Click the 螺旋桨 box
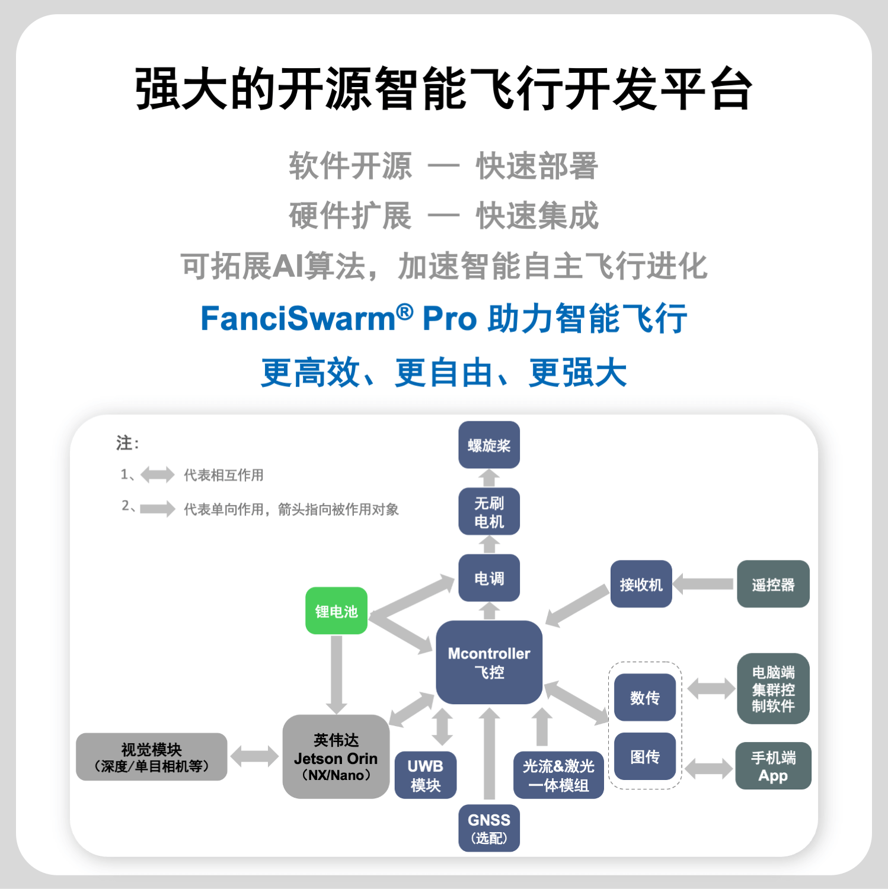click(489, 445)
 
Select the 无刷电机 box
click(489, 511)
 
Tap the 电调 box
click(489, 578)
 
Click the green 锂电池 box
click(336, 611)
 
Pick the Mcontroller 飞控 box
click(489, 662)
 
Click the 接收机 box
click(641, 584)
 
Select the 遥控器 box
click(773, 584)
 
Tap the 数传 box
click(644, 698)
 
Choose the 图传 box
click(644, 756)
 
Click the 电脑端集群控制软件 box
click(773, 689)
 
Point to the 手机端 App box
click(773, 766)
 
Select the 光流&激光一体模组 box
click(558, 775)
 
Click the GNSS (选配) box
click(489, 828)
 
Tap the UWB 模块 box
click(426, 775)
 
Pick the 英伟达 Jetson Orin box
click(336, 757)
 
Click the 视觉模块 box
click(152, 757)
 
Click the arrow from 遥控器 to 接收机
click(704, 584)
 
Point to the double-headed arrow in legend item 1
click(158, 475)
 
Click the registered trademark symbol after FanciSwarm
click(405, 311)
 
